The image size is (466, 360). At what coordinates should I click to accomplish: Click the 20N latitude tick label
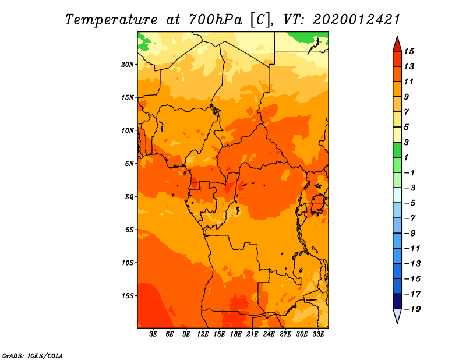pos(127,65)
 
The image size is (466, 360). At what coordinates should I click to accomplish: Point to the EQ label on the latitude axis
pos(129,197)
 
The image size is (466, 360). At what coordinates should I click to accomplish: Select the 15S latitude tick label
pos(128,296)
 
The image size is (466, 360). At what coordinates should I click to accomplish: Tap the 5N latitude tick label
pos(129,164)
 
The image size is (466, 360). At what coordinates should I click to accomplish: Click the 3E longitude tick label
pos(153,334)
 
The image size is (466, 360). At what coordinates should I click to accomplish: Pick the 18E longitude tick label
pos(236,334)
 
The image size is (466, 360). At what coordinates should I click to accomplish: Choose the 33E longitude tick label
pos(318,334)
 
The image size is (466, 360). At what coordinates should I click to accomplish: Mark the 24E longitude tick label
pos(269,334)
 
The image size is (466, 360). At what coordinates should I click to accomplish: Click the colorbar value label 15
pos(409,52)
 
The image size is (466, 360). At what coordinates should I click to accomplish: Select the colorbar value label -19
pos(412,309)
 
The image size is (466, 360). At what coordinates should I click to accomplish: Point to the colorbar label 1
pos(406,157)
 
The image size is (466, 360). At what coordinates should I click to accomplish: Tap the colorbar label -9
pos(410,234)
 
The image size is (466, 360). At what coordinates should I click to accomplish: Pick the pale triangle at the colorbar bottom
pos(397,315)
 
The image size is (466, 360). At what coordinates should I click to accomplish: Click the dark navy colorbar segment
pos(397,301)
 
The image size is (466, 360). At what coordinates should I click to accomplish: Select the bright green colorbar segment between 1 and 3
pos(397,150)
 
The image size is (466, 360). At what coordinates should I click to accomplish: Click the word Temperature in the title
pos(111,20)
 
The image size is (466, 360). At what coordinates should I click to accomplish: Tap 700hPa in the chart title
pos(216,20)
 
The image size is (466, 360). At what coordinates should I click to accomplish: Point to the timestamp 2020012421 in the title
pos(356,20)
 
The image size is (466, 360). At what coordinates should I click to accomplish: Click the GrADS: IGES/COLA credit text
pos(33,356)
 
